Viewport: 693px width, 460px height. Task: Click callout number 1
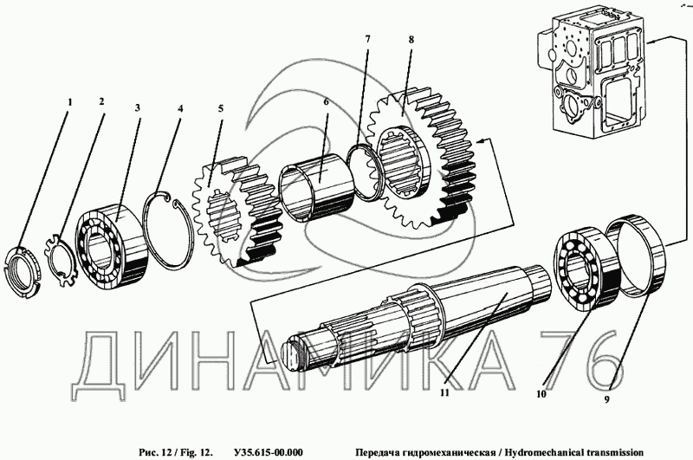[x=71, y=101]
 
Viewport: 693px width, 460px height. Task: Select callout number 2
[x=101, y=101]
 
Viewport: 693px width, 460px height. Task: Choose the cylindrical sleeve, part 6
[x=316, y=184]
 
